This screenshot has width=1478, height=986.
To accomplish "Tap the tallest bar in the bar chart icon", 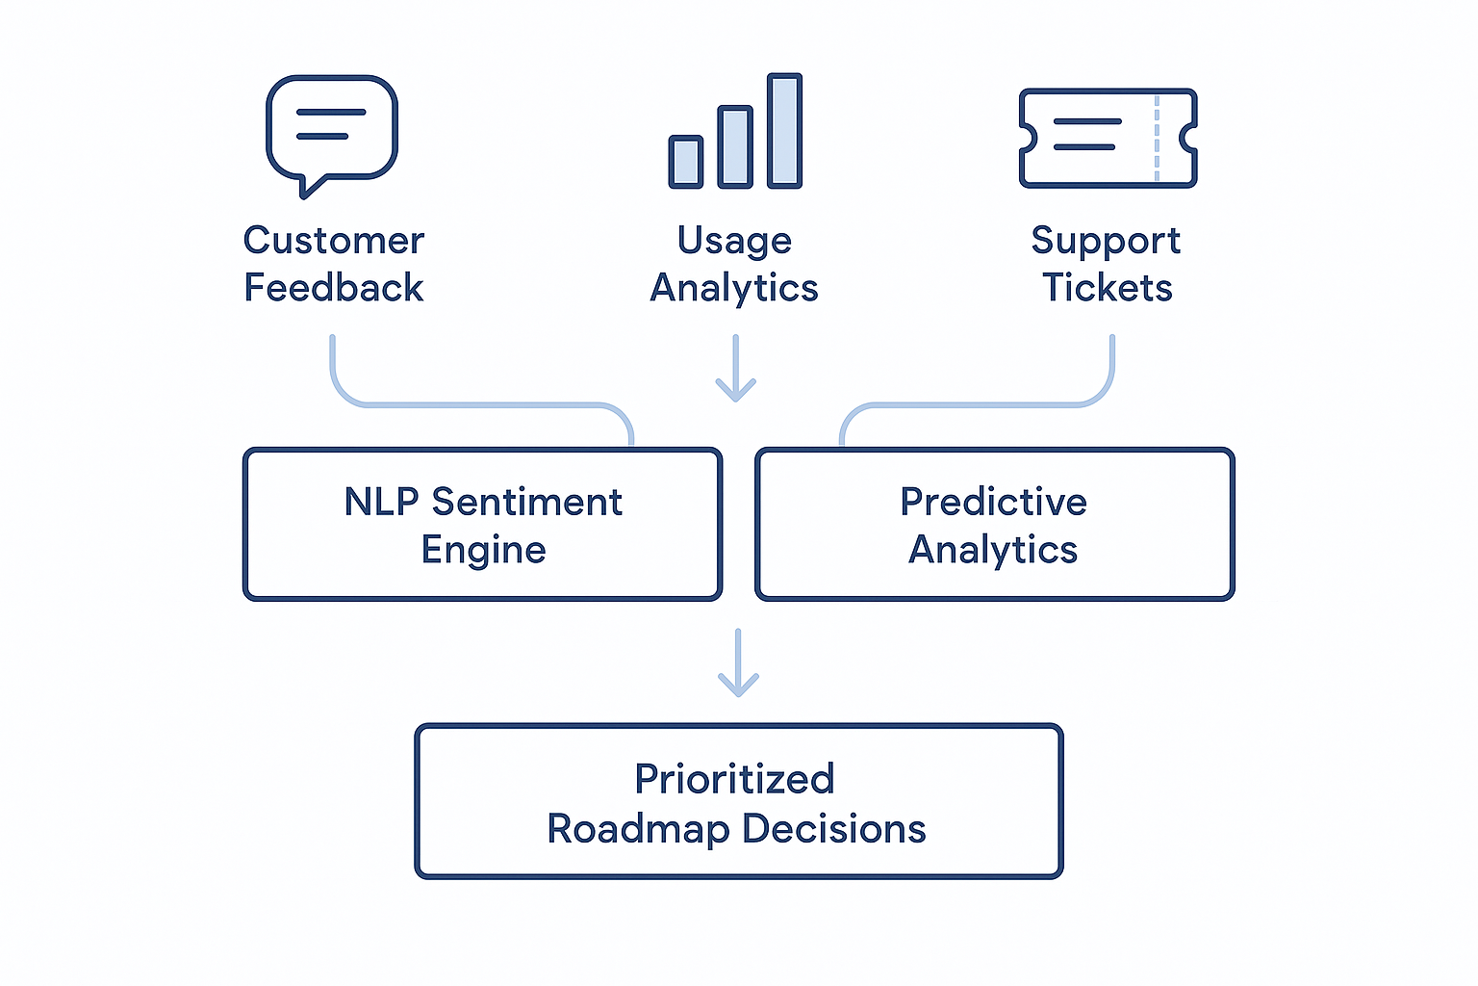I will point(784,130).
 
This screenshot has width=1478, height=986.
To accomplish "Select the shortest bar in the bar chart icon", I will point(686,161).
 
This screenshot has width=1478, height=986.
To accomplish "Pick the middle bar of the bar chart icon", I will point(735,146).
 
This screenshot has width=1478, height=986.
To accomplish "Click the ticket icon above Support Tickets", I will point(1107,138).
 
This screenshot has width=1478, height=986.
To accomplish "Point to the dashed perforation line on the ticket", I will point(1157,138).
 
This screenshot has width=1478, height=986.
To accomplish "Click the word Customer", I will point(333,241).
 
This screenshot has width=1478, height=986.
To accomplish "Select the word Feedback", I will point(333,288).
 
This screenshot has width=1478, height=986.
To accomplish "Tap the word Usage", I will point(734,241).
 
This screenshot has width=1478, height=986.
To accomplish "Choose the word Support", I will point(1106,241).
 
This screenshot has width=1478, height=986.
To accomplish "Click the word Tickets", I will point(1108,288).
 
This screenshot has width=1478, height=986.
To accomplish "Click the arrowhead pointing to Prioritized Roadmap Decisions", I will point(738,685).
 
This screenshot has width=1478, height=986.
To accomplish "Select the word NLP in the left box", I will point(381,503).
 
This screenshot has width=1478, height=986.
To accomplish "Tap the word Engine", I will point(483,550).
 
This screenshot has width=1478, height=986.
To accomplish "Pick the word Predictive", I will point(993,503).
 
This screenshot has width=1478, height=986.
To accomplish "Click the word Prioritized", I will point(734,779).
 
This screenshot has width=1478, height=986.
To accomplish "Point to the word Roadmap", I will point(638,829).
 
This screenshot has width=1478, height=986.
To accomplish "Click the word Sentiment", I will point(526,503).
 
